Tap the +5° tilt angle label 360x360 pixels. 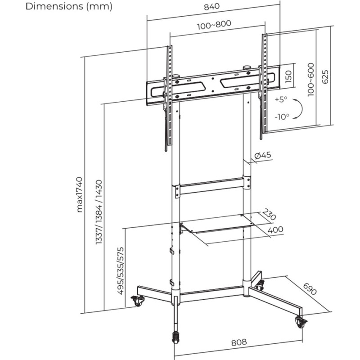click(280, 99)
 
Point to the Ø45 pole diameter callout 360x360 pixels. click(262, 155)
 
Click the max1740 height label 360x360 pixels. click(80, 194)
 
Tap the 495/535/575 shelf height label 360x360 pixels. click(121, 270)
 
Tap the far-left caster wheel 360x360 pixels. click(138, 300)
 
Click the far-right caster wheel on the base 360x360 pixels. click(300, 321)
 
